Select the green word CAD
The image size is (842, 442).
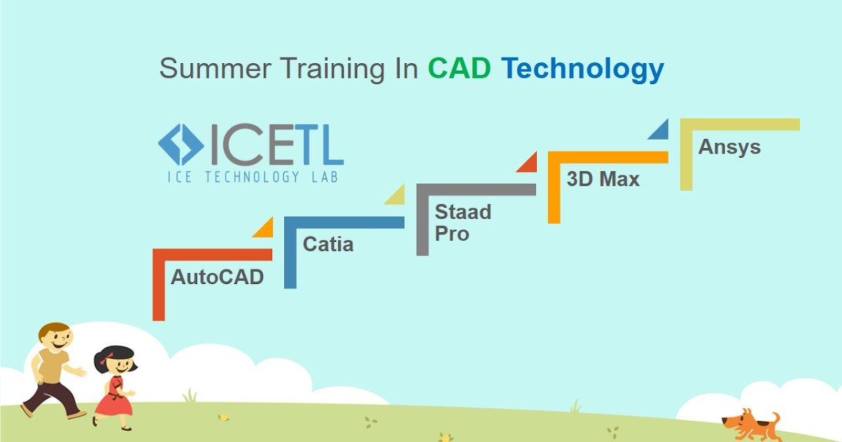click(460, 69)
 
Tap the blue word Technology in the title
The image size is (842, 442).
click(582, 69)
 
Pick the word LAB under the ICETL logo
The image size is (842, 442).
click(324, 177)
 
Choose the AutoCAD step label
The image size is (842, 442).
click(217, 276)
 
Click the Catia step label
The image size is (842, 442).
click(328, 244)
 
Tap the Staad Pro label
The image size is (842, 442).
click(462, 222)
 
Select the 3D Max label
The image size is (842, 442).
click(603, 179)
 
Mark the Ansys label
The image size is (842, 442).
click(729, 147)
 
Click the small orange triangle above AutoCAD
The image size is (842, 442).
click(265, 229)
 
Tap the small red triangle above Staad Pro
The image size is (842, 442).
click(528, 163)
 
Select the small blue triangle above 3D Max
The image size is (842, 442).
click(660, 130)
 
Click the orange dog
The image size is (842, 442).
click(749, 425)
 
